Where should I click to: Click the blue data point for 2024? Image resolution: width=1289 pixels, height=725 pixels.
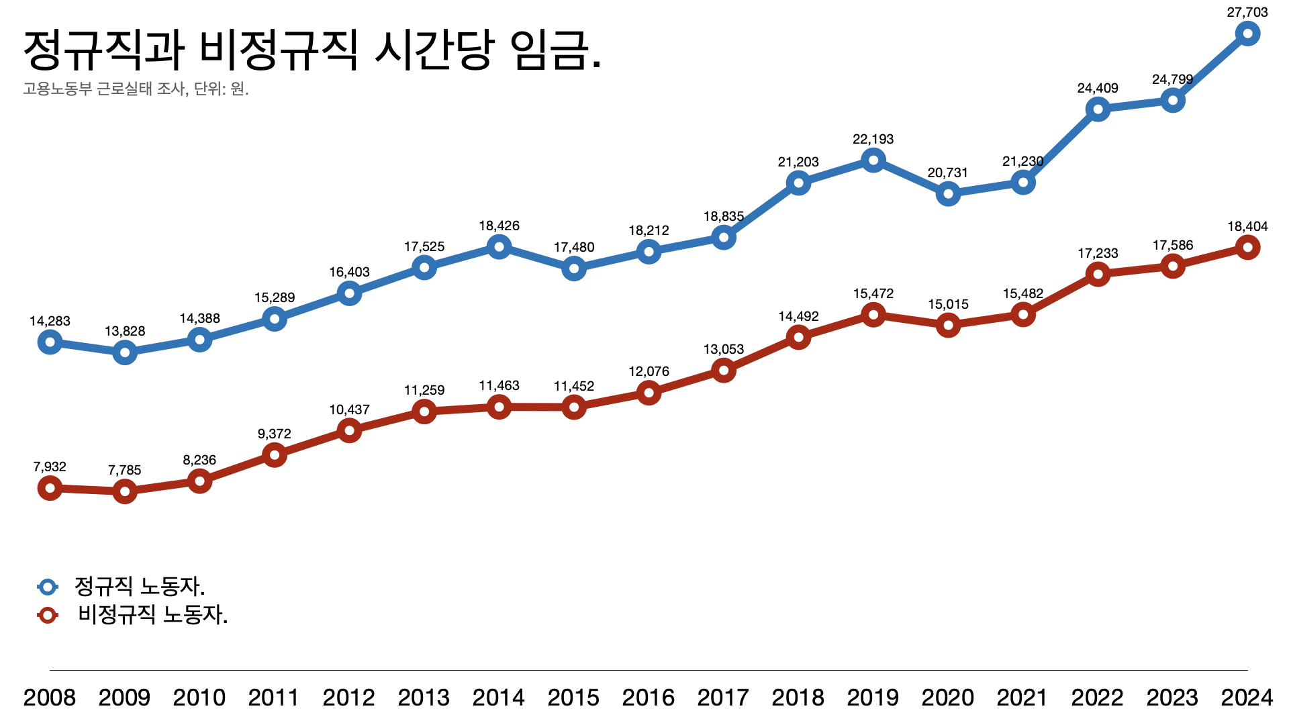click(x=1247, y=34)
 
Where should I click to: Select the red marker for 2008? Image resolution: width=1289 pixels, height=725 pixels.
click(x=50, y=488)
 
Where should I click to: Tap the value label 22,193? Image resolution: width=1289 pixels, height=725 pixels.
click(x=873, y=139)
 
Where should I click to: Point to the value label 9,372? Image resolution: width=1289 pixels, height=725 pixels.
click(x=274, y=434)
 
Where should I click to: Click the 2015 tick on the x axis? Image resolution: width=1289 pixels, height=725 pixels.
click(x=573, y=698)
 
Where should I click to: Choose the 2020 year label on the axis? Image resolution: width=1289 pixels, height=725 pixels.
click(x=947, y=698)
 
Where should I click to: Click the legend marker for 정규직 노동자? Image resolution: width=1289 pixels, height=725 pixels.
click(x=48, y=587)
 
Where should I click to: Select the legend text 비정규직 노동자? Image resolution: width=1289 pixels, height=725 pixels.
click(x=152, y=614)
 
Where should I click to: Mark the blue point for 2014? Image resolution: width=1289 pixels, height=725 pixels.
click(x=499, y=247)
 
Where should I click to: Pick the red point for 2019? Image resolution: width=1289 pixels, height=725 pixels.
click(x=873, y=314)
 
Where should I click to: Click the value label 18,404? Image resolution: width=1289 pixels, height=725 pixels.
click(x=1247, y=226)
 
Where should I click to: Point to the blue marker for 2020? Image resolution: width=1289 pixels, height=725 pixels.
click(x=948, y=194)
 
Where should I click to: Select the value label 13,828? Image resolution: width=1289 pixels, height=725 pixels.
click(x=125, y=331)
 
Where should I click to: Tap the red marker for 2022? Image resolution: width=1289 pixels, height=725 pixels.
click(x=1098, y=274)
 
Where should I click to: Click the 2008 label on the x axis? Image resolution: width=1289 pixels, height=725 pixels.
click(x=50, y=698)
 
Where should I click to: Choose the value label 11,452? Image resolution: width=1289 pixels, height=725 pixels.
click(x=574, y=386)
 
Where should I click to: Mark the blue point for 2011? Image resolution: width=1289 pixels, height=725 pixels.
click(x=274, y=319)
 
